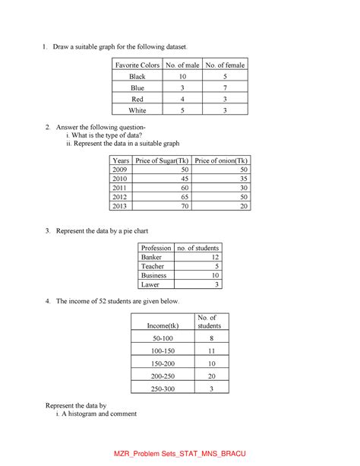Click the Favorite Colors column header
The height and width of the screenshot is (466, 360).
pos(137,65)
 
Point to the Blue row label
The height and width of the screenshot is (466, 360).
pos(137,88)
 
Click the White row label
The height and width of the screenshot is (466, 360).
pos(137,111)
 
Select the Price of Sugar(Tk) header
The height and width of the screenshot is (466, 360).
pos(161,161)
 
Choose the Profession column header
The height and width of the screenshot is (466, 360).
pos(156,248)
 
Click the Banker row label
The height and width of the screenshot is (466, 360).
pos(152,258)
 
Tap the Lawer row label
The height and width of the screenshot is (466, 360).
pos(151,285)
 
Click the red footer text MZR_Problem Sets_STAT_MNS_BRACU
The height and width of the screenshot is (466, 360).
pos(180,454)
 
